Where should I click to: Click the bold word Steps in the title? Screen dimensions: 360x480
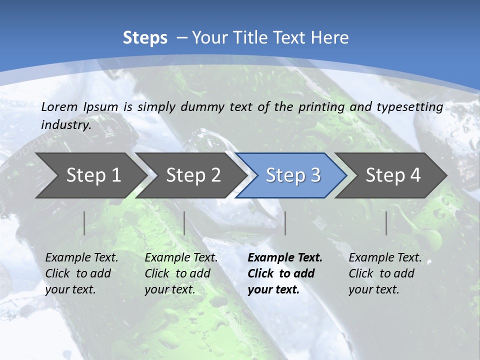145,38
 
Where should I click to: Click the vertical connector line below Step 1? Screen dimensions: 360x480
84,223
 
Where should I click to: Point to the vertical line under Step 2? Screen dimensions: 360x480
184,223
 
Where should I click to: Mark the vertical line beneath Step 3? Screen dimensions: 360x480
285,223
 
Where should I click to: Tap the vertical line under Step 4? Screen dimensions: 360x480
386,223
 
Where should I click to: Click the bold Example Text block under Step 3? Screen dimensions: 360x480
285,273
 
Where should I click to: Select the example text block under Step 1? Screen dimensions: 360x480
81,273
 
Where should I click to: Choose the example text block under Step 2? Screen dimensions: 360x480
181,273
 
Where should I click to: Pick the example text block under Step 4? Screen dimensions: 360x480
385,273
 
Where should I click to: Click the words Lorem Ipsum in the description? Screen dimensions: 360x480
79,107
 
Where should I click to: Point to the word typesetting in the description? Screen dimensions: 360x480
409,107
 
